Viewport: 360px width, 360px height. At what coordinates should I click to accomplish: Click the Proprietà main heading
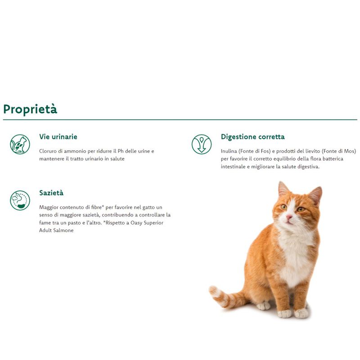[30, 109]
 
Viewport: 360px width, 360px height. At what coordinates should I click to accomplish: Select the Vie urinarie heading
[58, 137]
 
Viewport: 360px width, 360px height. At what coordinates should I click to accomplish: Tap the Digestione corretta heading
[252, 137]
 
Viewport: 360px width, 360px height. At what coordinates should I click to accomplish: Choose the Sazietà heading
[51, 193]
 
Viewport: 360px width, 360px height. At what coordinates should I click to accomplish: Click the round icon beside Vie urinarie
[20, 144]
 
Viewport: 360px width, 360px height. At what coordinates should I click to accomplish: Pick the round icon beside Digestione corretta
[201, 144]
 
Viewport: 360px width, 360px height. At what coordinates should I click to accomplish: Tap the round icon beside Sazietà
[20, 200]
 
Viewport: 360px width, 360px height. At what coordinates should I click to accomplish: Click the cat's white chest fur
[295, 252]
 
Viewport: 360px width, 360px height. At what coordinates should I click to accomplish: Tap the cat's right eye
[301, 209]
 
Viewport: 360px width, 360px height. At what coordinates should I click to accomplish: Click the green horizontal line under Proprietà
[180, 120]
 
